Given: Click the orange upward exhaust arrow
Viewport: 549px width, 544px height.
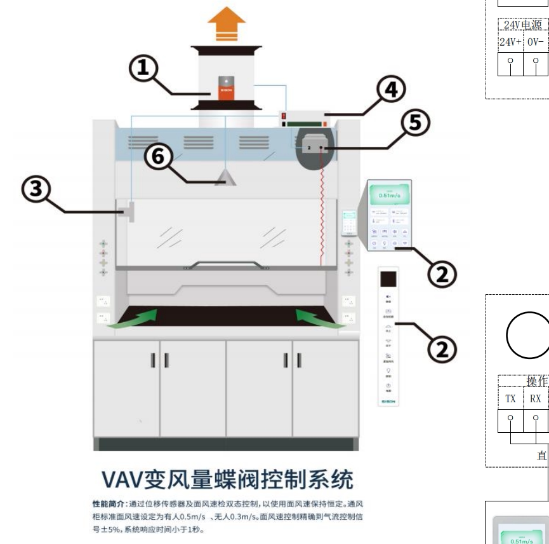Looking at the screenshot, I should pyautogui.click(x=227, y=24).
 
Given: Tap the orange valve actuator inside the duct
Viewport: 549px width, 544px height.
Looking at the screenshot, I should pyautogui.click(x=227, y=86).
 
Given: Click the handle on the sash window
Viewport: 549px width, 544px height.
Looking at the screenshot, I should pyautogui.click(x=227, y=264).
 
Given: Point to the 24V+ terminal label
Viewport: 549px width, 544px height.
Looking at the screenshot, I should pyautogui.click(x=510, y=42).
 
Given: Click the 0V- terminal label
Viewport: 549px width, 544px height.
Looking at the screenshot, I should pyautogui.click(x=536, y=42).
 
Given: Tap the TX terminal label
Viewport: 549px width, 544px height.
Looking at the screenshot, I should pyautogui.click(x=510, y=399).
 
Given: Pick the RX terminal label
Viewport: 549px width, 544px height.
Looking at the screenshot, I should pyautogui.click(x=536, y=399).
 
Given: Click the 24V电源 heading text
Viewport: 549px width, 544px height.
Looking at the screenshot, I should pyautogui.click(x=523, y=25).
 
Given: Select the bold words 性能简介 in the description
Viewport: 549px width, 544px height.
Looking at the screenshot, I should pyautogui.click(x=109, y=504).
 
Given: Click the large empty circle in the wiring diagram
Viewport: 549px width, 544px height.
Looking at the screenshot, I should pyautogui.click(x=528, y=336).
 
